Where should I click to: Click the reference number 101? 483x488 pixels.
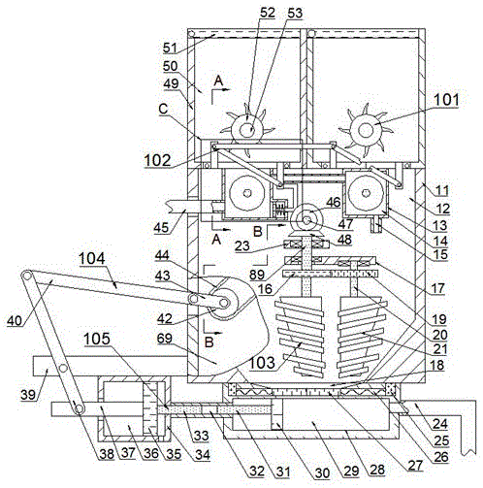pos(446,100)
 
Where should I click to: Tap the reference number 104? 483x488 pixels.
pos(92,259)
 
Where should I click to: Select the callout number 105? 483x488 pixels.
pos(97,339)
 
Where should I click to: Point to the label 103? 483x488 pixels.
pos(262,363)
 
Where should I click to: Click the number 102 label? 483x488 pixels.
pos(157,160)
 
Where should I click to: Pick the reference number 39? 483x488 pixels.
pos(28,395)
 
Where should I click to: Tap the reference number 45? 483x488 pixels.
pos(161,228)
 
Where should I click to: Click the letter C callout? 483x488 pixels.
pos(163,109)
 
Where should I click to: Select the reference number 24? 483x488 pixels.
pos(440,423)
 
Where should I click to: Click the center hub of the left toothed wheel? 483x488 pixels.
pos(247,130)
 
